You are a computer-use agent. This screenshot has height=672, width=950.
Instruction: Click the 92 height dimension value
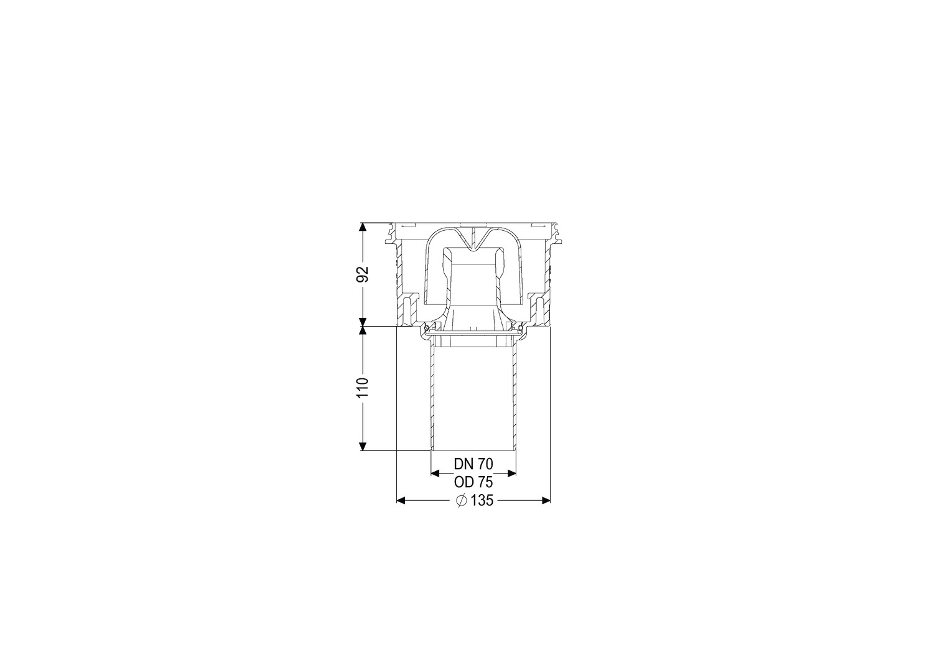(363, 274)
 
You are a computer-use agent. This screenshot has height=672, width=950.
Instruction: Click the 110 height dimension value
(363, 388)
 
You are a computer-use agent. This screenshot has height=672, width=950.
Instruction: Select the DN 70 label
(473, 464)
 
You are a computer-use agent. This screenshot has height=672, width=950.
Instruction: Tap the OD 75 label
(473, 482)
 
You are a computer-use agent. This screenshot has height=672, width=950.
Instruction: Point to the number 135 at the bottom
(482, 501)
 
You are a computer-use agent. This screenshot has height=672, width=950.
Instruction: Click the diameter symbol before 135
(462, 501)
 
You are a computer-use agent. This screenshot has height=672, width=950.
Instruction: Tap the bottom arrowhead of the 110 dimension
(362, 446)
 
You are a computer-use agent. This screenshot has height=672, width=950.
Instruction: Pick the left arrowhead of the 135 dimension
(401, 501)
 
